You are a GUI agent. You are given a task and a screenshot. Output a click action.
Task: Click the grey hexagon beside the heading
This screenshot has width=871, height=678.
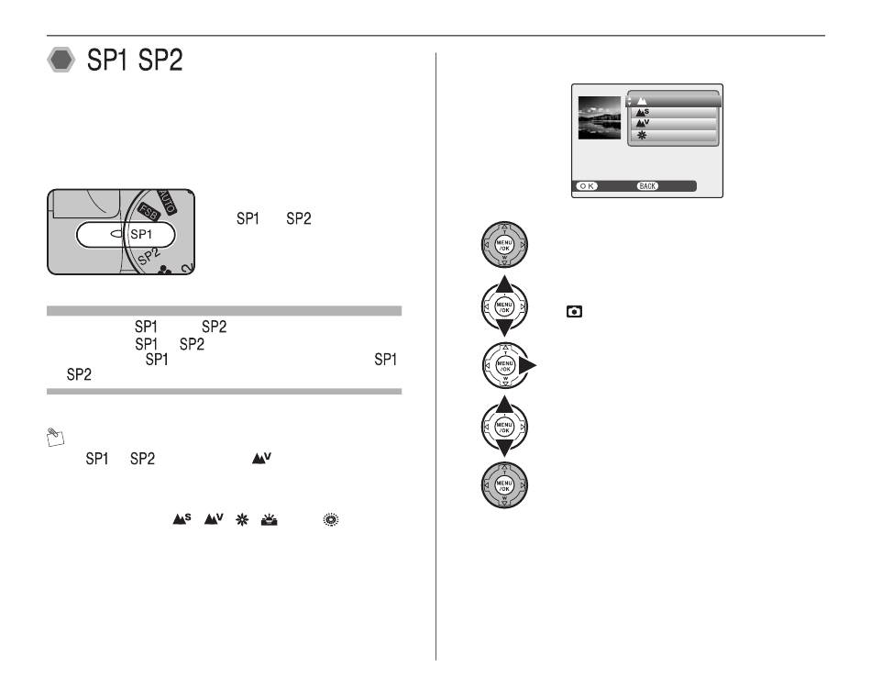pyautogui.click(x=61, y=60)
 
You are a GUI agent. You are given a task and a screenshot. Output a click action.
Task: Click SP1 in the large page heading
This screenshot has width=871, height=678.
pyautogui.click(x=107, y=60)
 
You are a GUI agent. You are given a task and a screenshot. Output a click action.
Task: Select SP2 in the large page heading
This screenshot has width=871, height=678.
pyautogui.click(x=160, y=60)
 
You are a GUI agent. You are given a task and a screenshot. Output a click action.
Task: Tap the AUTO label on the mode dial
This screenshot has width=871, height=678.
pyautogui.click(x=167, y=202)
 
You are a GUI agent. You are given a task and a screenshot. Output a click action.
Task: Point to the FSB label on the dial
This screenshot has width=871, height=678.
pyautogui.click(x=149, y=212)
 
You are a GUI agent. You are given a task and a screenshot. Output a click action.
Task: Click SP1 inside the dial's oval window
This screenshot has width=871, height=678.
pyautogui.click(x=140, y=235)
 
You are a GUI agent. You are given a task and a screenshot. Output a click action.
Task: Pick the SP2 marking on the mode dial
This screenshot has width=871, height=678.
pyautogui.click(x=149, y=256)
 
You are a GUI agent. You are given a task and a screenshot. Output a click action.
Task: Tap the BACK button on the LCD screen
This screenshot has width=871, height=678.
pyautogui.click(x=647, y=186)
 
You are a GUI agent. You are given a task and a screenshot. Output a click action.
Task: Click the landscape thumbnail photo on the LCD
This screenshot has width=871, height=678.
pyautogui.click(x=600, y=117)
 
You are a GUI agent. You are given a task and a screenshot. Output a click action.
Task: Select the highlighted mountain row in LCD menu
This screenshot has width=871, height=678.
pyautogui.click(x=673, y=101)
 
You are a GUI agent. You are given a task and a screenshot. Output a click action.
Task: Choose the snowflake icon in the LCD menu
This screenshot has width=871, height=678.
pyautogui.click(x=642, y=135)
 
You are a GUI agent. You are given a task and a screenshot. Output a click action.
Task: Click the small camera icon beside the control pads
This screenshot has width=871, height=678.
pyautogui.click(x=574, y=312)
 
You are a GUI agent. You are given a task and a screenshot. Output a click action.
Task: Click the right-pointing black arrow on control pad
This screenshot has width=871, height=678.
pyautogui.click(x=527, y=365)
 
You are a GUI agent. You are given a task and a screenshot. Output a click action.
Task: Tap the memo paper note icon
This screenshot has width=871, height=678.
pyautogui.click(x=56, y=438)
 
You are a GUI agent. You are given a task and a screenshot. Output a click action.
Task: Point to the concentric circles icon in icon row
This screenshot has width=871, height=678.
pyautogui.click(x=330, y=519)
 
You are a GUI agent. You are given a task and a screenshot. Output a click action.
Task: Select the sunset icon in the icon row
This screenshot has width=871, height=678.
pyautogui.click(x=269, y=520)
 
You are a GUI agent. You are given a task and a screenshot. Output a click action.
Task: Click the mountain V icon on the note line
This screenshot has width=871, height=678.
pyautogui.click(x=261, y=459)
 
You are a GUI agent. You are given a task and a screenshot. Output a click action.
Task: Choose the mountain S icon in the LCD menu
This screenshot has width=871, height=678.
pyautogui.click(x=642, y=112)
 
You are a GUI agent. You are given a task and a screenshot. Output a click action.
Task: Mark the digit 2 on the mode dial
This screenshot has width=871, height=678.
pyautogui.click(x=187, y=268)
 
